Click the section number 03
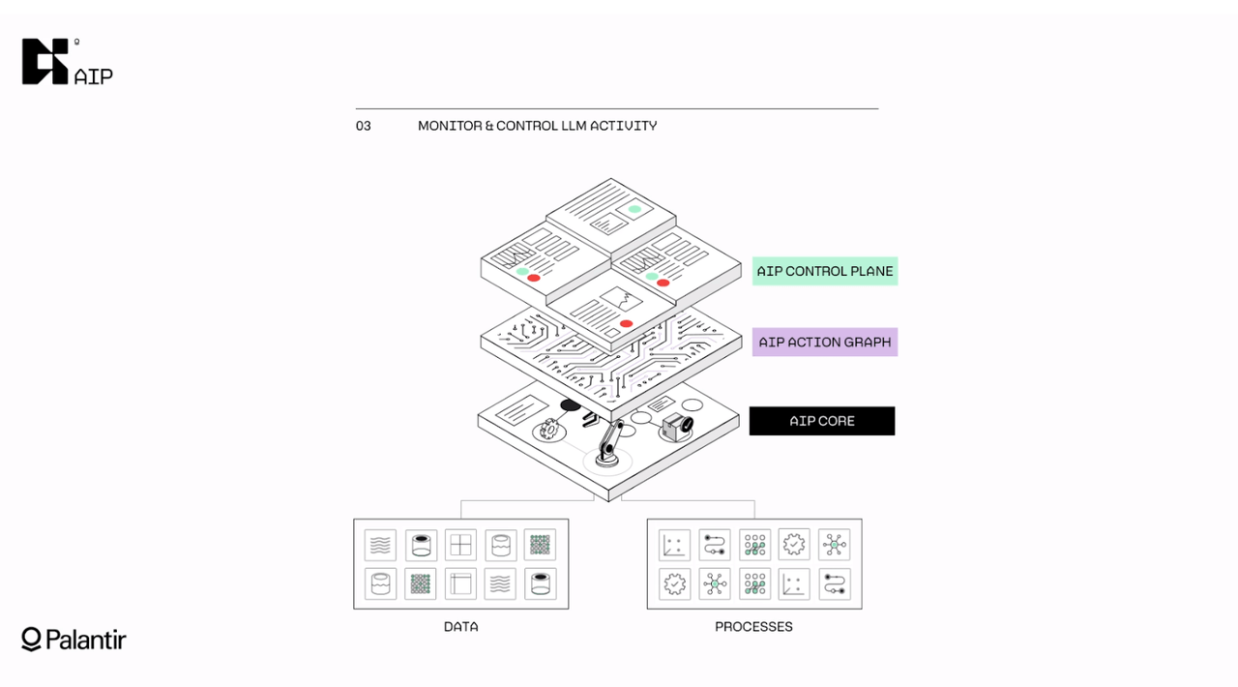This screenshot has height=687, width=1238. tap(364, 126)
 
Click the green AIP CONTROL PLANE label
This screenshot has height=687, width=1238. tap(824, 271)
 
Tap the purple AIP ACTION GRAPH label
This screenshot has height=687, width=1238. tap(824, 342)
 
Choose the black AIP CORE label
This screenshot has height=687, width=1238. tap(821, 421)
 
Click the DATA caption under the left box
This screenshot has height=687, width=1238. tap(460, 627)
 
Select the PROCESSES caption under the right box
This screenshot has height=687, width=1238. tap(753, 627)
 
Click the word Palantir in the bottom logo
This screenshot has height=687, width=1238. tap(86, 640)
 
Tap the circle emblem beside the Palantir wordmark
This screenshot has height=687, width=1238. tap(31, 639)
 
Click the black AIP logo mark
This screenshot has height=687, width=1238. tap(45, 61)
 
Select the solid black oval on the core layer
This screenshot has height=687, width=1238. tap(571, 405)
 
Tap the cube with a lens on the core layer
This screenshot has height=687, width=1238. tap(674, 425)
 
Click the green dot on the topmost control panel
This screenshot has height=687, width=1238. tap(634, 209)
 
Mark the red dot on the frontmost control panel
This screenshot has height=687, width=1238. tap(626, 323)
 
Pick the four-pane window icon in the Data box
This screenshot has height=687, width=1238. tap(460, 545)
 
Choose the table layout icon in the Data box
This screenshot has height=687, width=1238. tap(460, 583)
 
